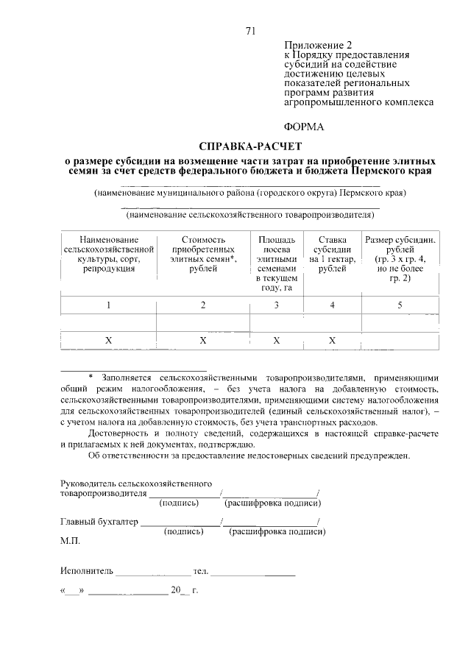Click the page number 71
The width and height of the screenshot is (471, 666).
pyautogui.click(x=250, y=30)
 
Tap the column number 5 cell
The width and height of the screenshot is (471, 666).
pyautogui.click(x=400, y=305)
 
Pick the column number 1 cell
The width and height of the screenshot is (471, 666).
pyautogui.click(x=108, y=305)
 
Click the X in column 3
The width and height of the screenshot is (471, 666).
pyautogui.click(x=276, y=340)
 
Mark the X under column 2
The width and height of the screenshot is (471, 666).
pyautogui.click(x=203, y=340)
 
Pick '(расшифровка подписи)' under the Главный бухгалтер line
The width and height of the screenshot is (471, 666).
pyautogui.click(x=277, y=531)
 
